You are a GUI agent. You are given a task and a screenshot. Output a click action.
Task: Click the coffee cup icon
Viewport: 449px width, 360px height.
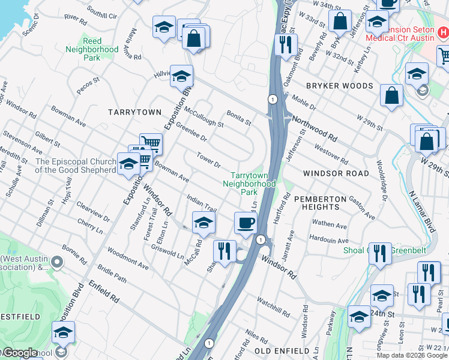(246, 224)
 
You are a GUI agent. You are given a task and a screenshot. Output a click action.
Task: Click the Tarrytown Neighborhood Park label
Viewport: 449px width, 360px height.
(249, 179)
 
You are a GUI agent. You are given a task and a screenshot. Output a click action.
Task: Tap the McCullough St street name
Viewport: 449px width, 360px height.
(204, 117)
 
